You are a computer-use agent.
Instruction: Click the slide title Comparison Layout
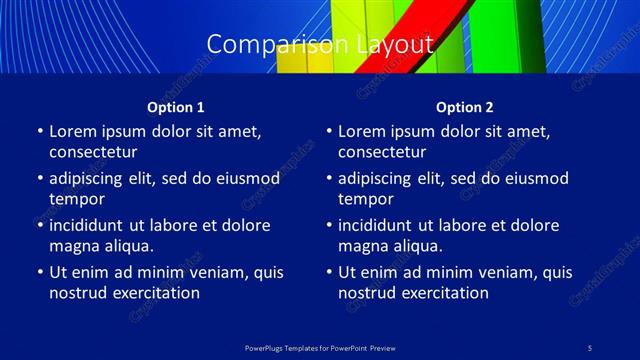coord(320,45)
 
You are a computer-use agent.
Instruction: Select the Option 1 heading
coord(176,107)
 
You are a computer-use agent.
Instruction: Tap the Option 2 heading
coord(465,107)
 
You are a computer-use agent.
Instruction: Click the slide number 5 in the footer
coord(590,347)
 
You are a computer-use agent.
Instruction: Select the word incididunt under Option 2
coord(378,225)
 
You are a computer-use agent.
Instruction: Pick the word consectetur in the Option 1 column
coord(93,152)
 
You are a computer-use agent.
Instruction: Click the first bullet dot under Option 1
coord(39,131)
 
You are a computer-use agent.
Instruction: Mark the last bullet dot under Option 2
coord(328,272)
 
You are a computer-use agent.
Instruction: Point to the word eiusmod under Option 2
coord(535,178)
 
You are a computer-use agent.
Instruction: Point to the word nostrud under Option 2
coord(368,293)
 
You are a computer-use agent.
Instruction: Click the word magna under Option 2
coord(362,246)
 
